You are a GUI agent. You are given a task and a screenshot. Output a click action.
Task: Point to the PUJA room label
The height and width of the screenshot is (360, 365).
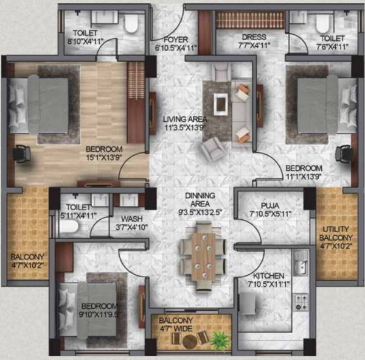[x=270, y=206]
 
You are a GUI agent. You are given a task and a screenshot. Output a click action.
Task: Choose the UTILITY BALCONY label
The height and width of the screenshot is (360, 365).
[x=335, y=233]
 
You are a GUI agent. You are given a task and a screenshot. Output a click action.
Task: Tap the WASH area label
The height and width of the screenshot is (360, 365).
[x=131, y=218]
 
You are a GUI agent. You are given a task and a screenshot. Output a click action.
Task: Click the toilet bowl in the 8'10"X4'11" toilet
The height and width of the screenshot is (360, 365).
[x=130, y=24]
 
